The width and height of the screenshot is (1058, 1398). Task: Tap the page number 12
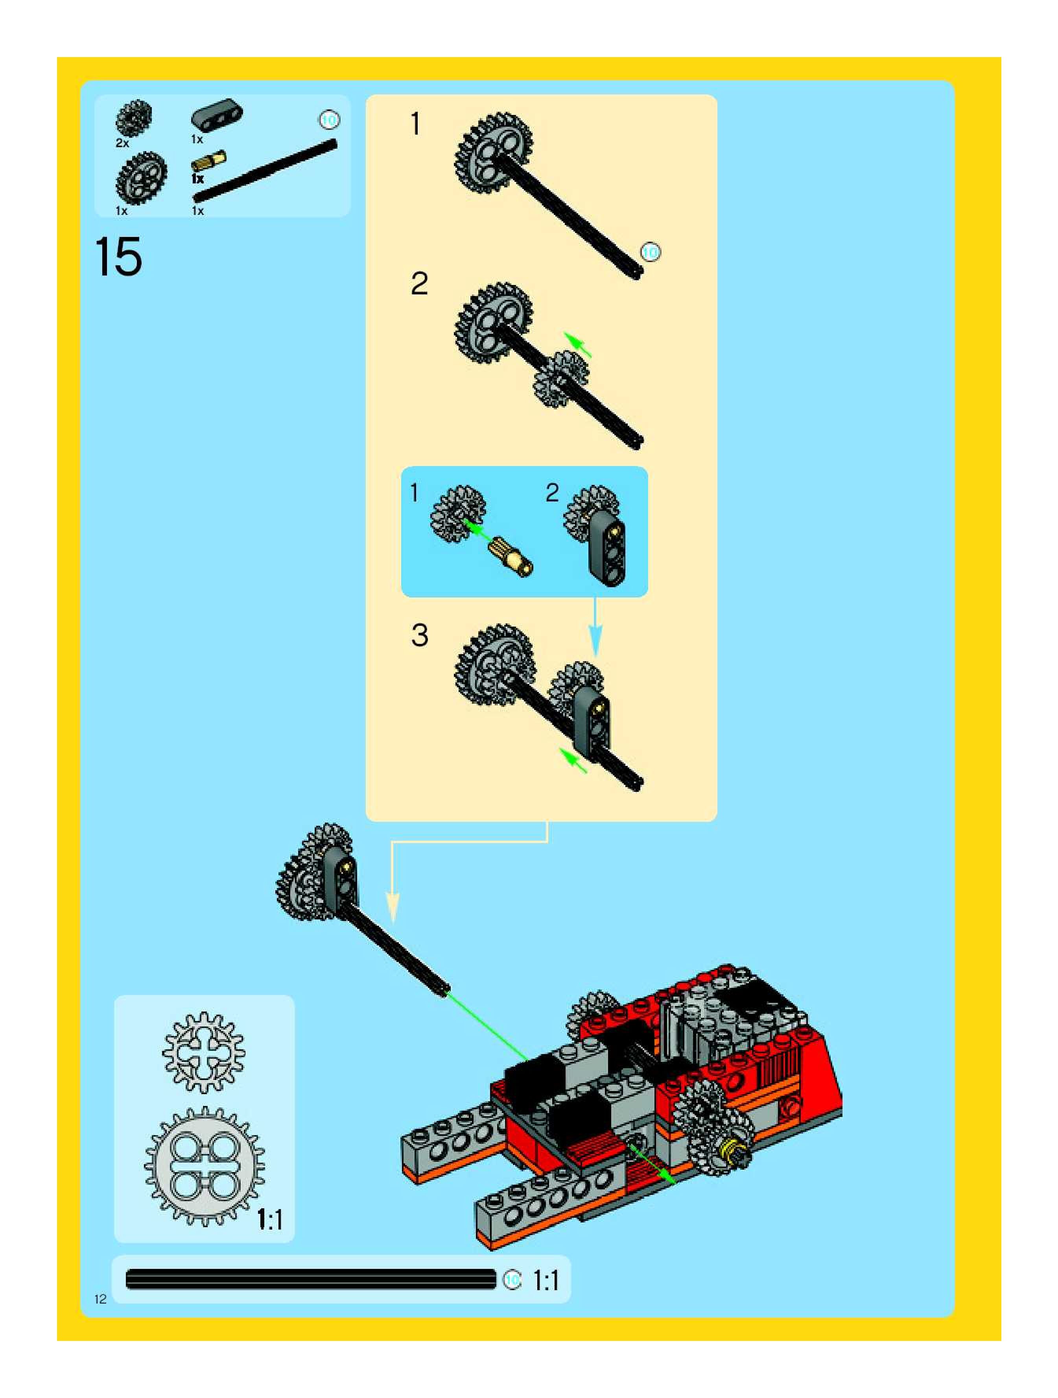click(100, 1299)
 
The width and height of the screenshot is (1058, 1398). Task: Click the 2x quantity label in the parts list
click(122, 144)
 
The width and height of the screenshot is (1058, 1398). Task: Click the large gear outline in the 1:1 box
click(204, 1166)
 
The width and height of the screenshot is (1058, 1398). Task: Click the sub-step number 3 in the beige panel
click(419, 635)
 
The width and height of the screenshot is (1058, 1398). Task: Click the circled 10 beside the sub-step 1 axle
click(650, 251)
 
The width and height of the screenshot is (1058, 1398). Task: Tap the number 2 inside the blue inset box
click(552, 493)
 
